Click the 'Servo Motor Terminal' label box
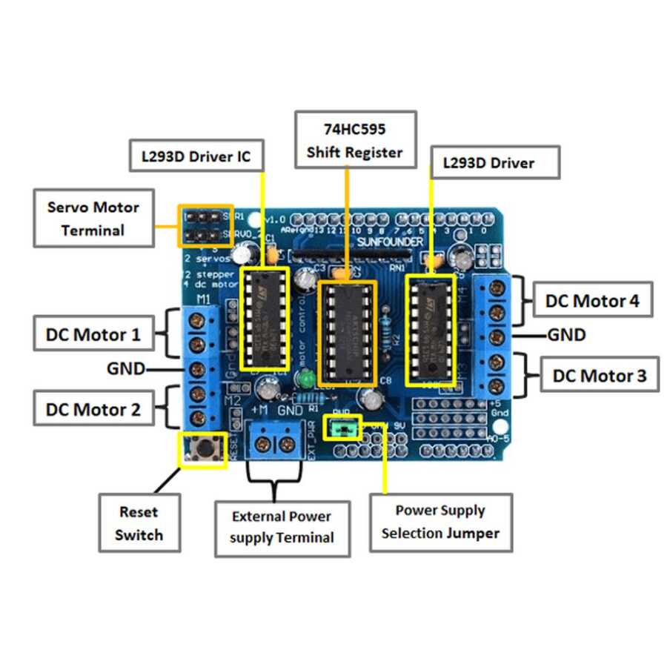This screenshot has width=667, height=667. [93, 219]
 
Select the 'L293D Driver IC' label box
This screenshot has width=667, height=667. [196, 156]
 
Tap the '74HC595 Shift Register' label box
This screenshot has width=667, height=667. [355, 140]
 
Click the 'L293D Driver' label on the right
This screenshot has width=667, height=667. [494, 162]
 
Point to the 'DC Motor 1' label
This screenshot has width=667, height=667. [93, 334]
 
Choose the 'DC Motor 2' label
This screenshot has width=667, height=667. [93, 408]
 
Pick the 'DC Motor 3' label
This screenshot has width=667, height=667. [600, 376]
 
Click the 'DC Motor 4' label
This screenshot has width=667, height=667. [592, 301]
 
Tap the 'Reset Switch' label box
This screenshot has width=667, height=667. [139, 522]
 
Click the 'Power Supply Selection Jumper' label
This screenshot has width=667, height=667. [441, 521]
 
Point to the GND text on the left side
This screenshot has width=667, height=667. [126, 368]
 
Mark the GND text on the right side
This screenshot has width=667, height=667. [566, 335]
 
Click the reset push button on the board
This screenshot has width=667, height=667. [201, 448]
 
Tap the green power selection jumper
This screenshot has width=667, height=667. [346, 428]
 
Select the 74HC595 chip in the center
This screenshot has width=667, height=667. [347, 331]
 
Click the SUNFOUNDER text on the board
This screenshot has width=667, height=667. [391, 242]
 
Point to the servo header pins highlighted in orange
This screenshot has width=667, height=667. [205, 225]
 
